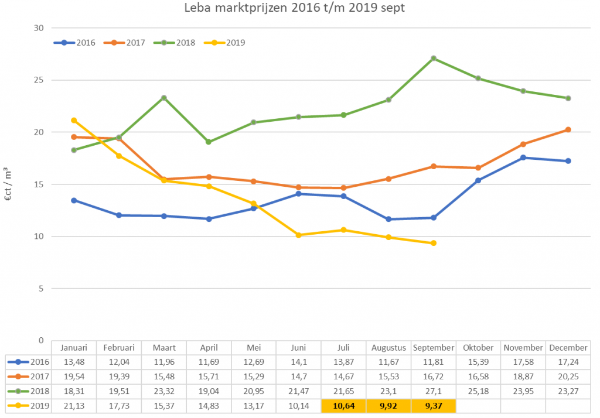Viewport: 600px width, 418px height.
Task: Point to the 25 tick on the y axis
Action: click(39, 80)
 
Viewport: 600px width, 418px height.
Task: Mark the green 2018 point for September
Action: click(434, 59)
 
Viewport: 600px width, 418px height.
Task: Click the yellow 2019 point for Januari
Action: click(74, 121)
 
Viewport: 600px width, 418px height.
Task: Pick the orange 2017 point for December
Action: click(568, 130)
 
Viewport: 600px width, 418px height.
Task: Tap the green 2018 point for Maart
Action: click(164, 98)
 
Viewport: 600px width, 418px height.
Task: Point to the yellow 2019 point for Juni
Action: click(299, 235)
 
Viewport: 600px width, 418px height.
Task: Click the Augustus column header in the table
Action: click(388, 347)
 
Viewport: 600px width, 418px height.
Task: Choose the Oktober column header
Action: click(478, 347)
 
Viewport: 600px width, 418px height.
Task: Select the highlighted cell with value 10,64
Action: click(343, 406)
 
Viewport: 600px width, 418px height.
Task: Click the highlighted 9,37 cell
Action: click(433, 406)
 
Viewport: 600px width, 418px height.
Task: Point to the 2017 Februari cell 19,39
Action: click(119, 376)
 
